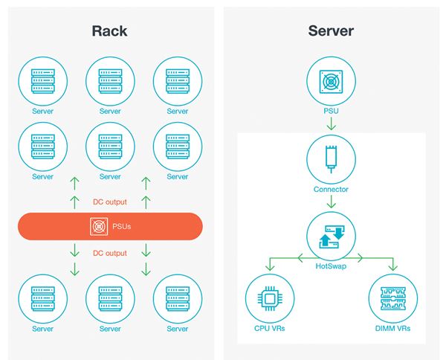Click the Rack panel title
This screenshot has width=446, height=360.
pos(109,31)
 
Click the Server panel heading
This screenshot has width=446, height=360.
pos(331,31)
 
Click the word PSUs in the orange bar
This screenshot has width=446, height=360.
pos(120,226)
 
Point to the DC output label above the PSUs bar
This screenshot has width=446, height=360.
pos(110,200)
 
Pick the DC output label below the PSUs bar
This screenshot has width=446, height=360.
pos(110,253)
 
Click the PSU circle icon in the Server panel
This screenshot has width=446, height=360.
pos(331,82)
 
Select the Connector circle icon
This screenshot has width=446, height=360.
pos(331,158)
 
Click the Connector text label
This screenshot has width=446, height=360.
pos(331,190)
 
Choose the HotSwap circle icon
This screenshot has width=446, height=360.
pos(331,236)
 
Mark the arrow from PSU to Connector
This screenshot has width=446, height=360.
pos(331,123)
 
